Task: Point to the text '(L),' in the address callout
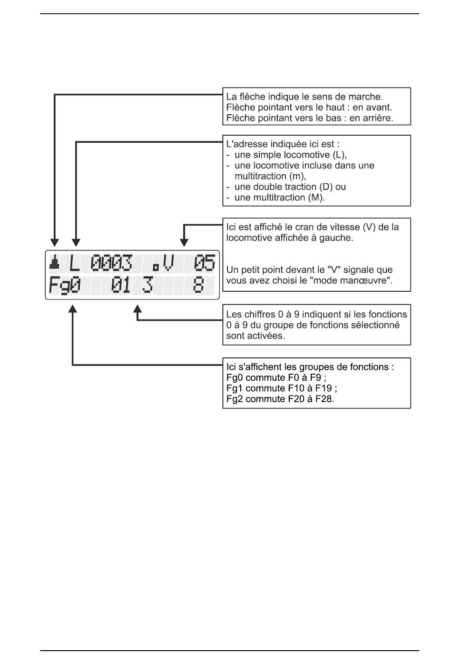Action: tap(340, 155)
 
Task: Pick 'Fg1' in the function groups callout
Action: tap(235, 388)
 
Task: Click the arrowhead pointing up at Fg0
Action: tap(73, 308)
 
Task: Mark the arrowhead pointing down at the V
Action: tap(184, 242)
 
